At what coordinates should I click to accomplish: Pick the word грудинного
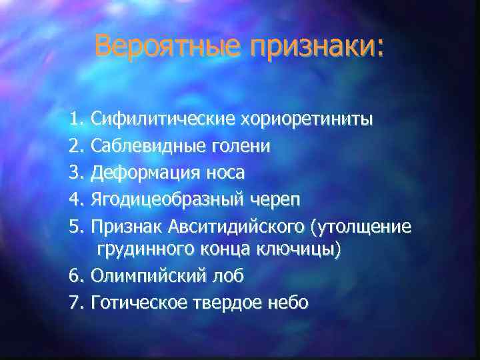(146, 250)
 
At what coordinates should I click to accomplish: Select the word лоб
(230, 276)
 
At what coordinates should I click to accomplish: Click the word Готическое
(142, 303)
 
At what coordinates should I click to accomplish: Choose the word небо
(287, 303)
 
